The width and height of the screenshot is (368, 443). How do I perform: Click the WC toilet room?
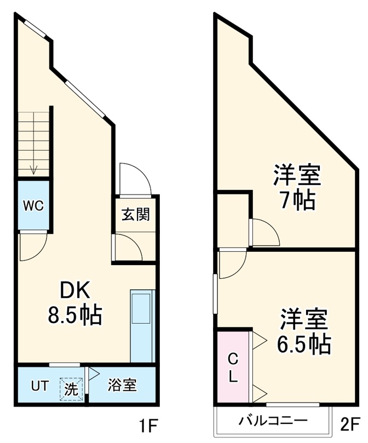tap(32, 206)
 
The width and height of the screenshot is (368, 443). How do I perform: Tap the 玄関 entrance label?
tap(135, 214)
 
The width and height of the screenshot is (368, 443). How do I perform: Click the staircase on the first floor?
tap(33, 143)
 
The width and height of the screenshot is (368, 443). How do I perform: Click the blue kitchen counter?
tap(142, 325)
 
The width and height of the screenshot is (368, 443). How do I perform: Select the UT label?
tap(37, 386)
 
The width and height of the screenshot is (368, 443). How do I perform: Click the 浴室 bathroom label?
tap(122, 386)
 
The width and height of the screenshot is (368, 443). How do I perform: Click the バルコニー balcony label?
tap(273, 421)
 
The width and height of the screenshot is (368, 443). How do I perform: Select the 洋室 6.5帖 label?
tap(303, 331)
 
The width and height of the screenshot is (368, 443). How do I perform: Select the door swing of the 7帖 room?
tap(264, 232)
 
